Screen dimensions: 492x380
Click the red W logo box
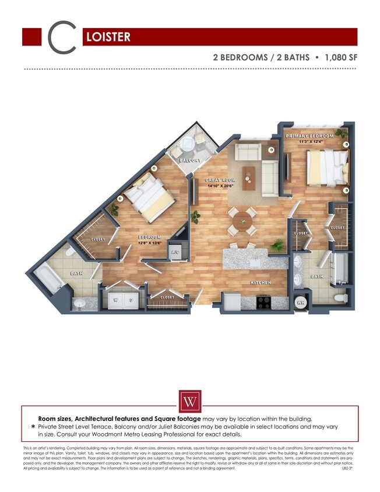190,401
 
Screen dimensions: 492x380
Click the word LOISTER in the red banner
108,37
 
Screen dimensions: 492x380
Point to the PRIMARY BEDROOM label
309,136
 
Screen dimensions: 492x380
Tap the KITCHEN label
261,283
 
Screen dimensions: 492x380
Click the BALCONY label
189,160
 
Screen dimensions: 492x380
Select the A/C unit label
175,252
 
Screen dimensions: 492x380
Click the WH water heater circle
302,302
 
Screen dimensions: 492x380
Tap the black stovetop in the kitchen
263,303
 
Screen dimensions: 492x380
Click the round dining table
242,220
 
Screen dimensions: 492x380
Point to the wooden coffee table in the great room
249,177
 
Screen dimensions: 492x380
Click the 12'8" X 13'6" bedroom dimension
150,243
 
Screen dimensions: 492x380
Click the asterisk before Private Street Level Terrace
33,427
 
